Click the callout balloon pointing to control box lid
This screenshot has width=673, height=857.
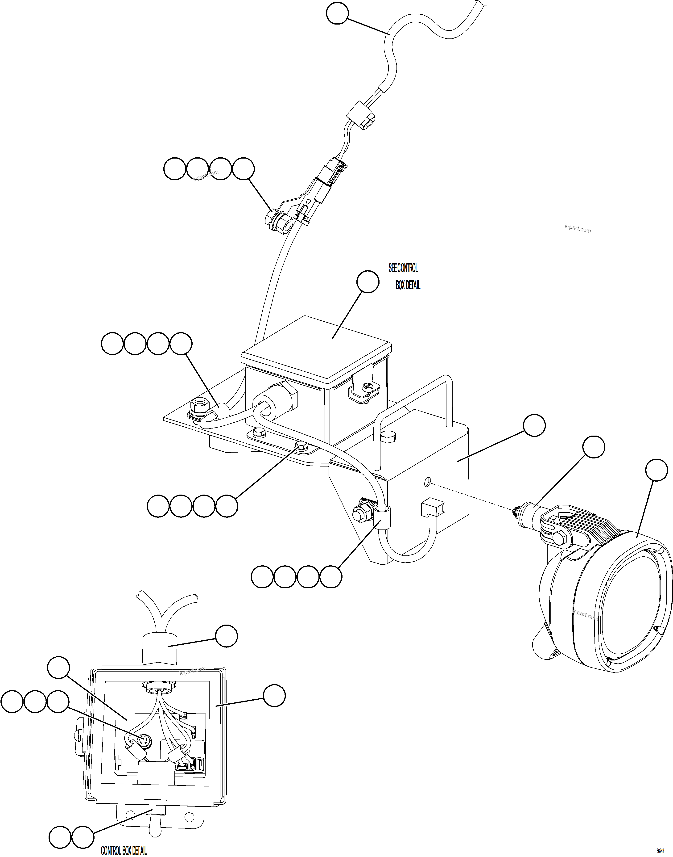pos(368,281)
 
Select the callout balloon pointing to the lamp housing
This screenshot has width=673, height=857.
pos(656,470)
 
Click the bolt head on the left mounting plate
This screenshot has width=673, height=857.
pos(196,404)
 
